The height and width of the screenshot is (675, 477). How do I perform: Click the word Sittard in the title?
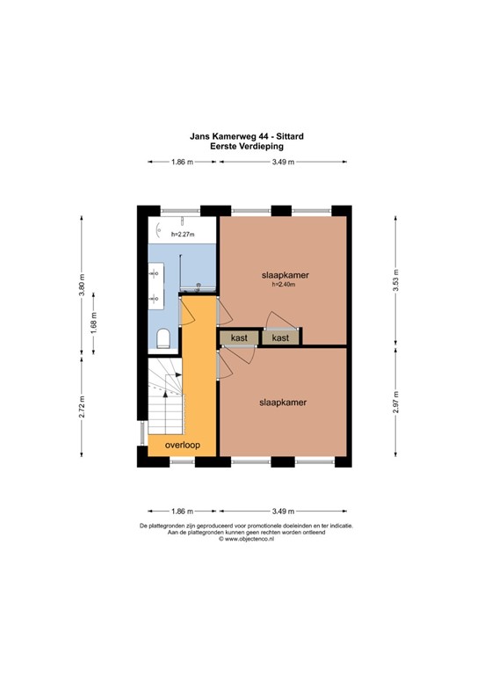290,136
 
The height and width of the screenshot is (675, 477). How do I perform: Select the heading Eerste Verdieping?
247,147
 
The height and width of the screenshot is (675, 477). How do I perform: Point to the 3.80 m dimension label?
82,285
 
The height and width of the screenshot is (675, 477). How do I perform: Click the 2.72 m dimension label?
82,406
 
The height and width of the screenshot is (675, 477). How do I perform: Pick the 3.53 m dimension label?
395,280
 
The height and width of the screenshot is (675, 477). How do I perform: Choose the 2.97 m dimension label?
395,402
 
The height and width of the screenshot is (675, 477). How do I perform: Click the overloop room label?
183,445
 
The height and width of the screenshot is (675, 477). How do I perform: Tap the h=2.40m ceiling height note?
284,284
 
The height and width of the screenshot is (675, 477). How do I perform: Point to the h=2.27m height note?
183,235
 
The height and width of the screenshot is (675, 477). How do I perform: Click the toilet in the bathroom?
163,338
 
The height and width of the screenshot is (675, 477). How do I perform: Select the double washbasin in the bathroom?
156,286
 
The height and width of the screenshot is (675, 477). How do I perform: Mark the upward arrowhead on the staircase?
165,394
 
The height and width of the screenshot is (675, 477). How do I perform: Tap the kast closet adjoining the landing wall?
239,337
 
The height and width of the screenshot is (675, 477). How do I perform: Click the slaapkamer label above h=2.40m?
285,275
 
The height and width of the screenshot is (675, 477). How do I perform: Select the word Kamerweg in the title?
235,136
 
